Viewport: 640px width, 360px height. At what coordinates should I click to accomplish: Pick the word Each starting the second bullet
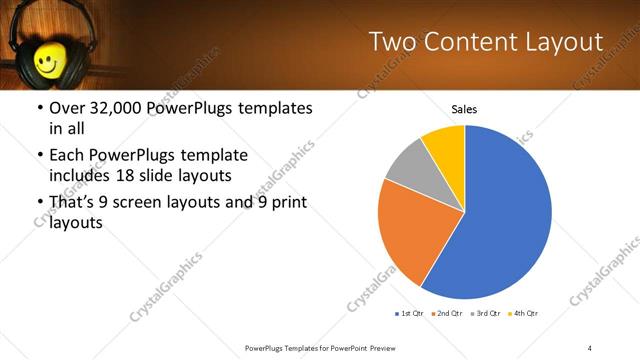point(66,155)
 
